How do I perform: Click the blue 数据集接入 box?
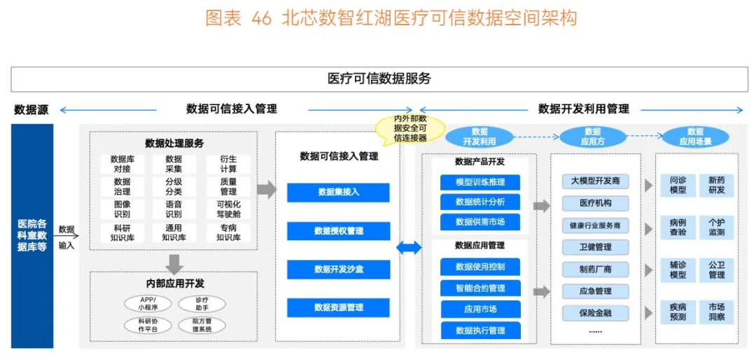[x=337, y=192]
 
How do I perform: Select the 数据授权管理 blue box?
[x=337, y=230]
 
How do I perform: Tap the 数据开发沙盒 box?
[x=337, y=269]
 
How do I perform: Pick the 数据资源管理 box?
[x=337, y=307]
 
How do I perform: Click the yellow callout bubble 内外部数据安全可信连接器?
[x=410, y=128]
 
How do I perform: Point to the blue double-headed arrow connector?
[x=409, y=247]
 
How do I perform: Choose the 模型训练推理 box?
[x=479, y=182]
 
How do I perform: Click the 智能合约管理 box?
[x=479, y=288]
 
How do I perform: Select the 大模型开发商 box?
[x=595, y=181]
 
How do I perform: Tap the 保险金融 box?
[x=595, y=313]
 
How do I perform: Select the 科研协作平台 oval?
[x=144, y=325]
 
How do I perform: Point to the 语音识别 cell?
[x=174, y=209]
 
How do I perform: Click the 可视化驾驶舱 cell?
[x=228, y=209]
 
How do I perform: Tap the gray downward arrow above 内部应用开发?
[x=174, y=264]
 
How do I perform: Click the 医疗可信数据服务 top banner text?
[x=379, y=78]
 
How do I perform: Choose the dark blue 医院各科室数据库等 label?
[x=32, y=236]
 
